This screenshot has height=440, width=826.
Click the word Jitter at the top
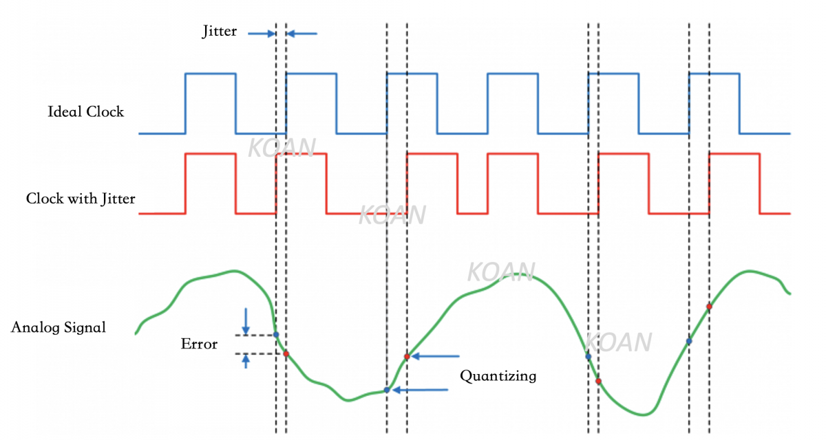coord(219,32)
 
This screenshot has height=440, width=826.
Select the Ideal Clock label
coord(86,111)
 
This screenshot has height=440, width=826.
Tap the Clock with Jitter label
coord(81,199)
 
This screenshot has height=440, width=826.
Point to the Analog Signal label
coord(59,327)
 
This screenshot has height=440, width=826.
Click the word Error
coord(199,344)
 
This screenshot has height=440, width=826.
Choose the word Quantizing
coord(498,376)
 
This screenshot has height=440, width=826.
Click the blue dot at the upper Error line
coord(276,335)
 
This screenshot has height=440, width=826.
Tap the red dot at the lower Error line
coord(286,354)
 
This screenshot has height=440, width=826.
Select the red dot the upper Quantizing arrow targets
coord(407,356)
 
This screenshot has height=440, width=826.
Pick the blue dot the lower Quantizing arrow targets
coord(387,390)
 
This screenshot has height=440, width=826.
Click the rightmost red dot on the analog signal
coord(709,307)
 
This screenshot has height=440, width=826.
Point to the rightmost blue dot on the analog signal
coord(689,341)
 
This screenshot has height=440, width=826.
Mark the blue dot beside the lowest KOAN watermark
coord(588,356)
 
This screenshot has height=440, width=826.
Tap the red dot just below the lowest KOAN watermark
coord(598,381)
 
